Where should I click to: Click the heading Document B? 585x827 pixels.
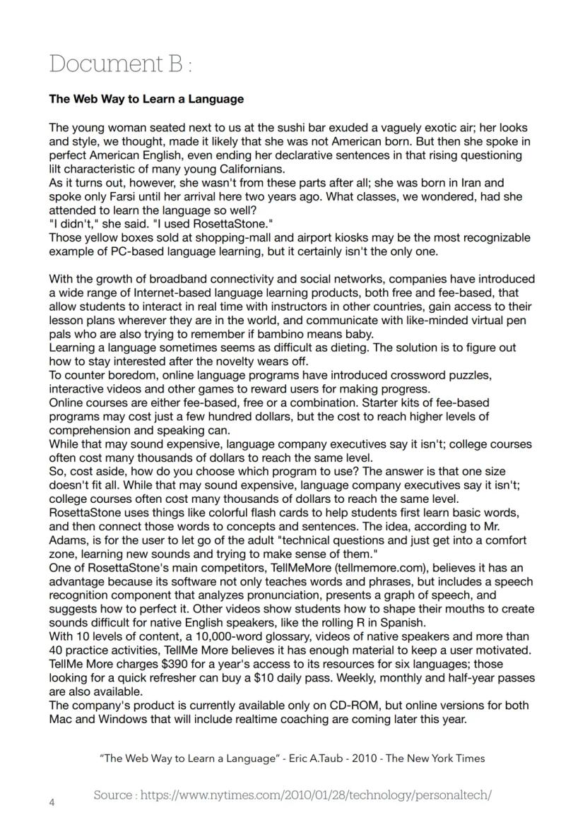[120, 64]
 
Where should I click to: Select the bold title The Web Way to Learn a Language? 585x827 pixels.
[146, 99]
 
